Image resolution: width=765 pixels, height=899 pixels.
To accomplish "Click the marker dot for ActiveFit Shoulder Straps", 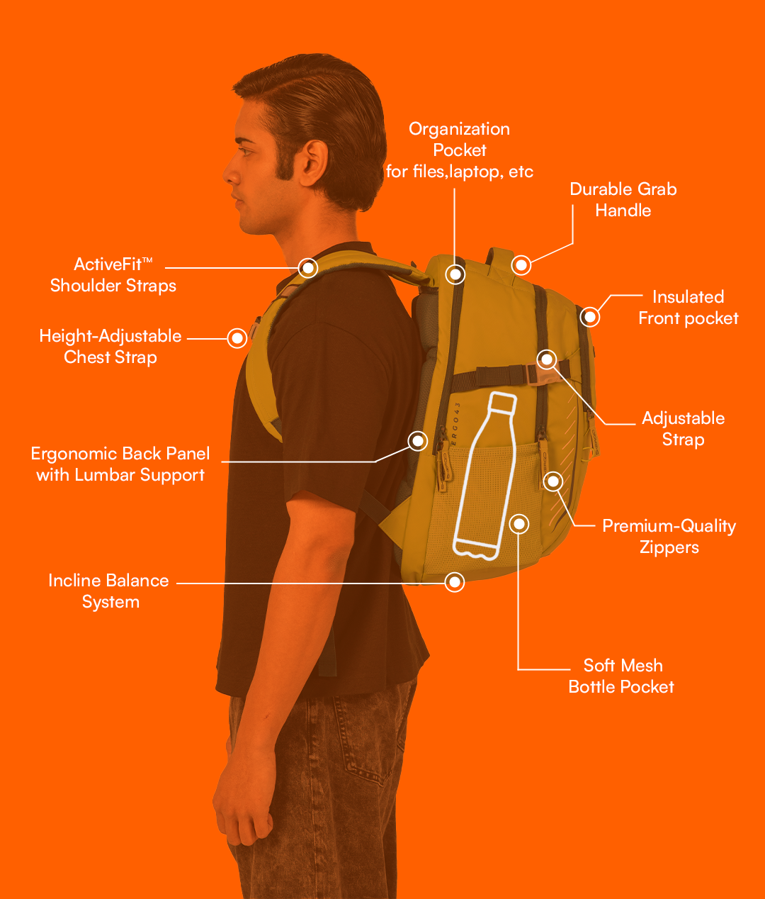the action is point(307,268).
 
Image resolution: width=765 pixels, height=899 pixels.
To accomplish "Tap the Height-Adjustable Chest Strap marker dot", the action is point(237,338).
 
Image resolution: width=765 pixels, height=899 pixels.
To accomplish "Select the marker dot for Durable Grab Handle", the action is point(521,265).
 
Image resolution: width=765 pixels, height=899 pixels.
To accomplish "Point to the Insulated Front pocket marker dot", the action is point(590,317).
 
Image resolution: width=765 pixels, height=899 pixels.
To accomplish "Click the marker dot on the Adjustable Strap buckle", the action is point(547,359).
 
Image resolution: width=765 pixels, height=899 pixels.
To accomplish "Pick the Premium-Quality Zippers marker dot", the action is point(553,481).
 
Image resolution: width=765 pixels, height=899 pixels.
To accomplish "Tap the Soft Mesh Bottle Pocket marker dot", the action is point(519,524).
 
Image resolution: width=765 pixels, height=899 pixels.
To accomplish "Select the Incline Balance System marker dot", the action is point(455,582).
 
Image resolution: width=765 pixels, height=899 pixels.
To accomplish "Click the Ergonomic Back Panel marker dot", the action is point(418,441).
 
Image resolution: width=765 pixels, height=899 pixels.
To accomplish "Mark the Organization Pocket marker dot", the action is point(455,274).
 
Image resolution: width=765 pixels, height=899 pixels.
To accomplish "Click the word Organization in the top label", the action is point(459,129).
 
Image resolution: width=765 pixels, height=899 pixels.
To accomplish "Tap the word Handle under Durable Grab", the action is point(623,211).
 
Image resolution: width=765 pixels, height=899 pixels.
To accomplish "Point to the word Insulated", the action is point(688,296).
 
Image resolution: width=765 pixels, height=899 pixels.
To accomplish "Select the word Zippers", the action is point(669,547).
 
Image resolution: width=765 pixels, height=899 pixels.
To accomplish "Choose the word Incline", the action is point(74,580).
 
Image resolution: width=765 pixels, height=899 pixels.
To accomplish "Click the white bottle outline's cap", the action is point(504,402).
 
